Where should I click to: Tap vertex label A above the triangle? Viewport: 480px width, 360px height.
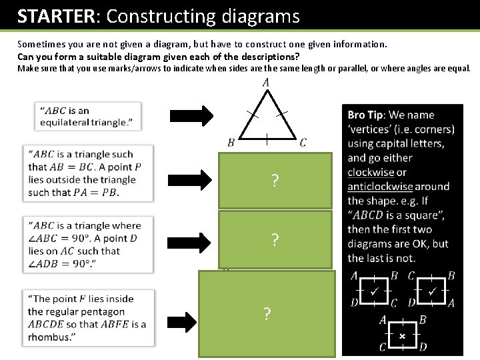pos(266,83)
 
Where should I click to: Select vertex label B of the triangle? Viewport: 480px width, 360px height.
pos(231,142)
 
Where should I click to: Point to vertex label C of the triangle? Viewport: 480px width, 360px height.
pos(303,142)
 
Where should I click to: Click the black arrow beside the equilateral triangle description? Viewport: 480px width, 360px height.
pos(191,115)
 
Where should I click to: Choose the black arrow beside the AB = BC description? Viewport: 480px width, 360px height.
pos(191,179)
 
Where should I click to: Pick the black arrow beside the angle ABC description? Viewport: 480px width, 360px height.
pos(191,239)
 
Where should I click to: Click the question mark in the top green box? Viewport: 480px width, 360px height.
pos(274,180)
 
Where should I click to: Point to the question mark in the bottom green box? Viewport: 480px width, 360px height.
pos(267,313)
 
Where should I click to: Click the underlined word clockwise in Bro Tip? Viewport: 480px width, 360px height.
pos(371,172)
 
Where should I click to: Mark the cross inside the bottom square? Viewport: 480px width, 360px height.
pos(402,337)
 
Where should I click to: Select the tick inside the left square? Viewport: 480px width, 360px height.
pos(375,291)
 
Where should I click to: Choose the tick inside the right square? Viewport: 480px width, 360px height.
pos(432,291)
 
